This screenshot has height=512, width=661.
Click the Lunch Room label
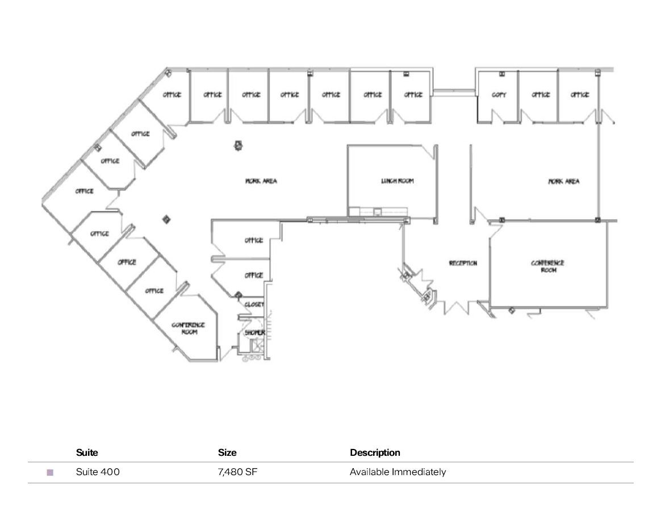pos(397,181)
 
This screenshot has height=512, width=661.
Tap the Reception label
pos(463,263)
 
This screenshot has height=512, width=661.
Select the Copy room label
pos(499,95)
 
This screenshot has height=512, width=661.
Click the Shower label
pos(255,333)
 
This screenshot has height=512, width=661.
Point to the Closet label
pos(254,305)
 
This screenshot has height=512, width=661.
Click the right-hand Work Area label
pos(563,182)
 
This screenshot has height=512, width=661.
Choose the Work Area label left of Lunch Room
pos(261,181)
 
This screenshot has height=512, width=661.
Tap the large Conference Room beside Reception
pos(547,266)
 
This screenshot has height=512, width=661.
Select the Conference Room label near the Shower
pos(188,328)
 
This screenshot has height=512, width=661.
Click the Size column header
pos(227,452)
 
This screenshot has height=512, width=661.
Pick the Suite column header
pos(87,452)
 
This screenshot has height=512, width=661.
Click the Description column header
pos(375,452)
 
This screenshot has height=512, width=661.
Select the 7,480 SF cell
pos(238,472)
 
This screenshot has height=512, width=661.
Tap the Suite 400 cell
pos(98,472)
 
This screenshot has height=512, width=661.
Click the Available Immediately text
pos(398,472)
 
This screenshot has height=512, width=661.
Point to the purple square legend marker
pos(50,472)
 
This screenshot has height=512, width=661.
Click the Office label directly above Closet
pos(253,275)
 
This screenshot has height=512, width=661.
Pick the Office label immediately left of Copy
pos(413,95)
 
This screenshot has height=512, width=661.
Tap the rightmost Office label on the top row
pos(579,95)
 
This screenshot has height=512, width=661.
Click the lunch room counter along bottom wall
pos(378,212)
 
